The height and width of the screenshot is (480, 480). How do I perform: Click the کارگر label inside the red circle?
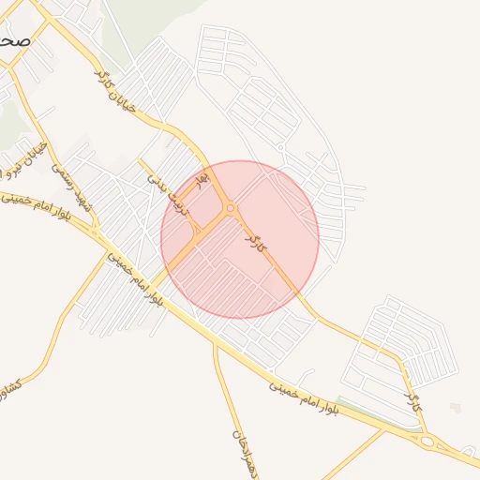[x=252, y=238]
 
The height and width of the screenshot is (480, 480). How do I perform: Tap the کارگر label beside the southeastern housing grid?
[x=412, y=404]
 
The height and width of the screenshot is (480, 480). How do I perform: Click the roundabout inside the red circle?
[x=231, y=208]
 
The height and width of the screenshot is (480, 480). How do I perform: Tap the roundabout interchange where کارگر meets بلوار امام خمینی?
[x=428, y=441]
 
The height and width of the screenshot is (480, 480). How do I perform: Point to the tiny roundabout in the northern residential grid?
[x=280, y=147]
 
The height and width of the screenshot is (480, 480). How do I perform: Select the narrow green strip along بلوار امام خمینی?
[x=375, y=412]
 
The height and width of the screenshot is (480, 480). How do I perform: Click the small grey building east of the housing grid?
[x=456, y=408]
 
